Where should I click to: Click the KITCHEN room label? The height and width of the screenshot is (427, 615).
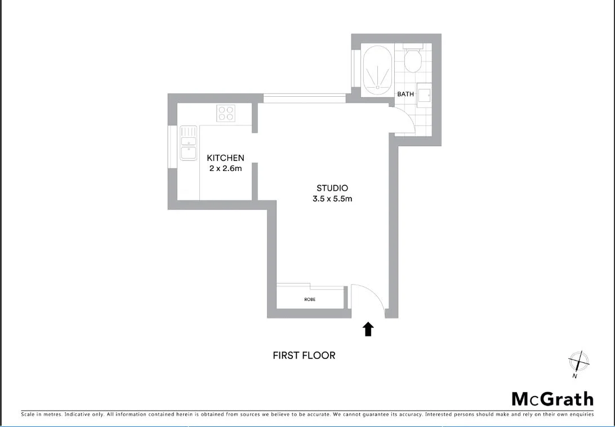(x=225, y=158)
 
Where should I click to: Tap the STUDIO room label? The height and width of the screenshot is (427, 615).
(x=332, y=188)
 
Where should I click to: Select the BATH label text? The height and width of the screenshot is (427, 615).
(x=405, y=94)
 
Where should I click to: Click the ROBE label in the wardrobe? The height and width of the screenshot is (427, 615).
(x=310, y=299)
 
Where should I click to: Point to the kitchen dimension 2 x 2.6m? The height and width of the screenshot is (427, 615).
(x=225, y=169)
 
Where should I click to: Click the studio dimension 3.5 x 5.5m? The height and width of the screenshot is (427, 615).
(x=332, y=199)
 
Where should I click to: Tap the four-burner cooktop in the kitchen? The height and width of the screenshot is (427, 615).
(x=226, y=114)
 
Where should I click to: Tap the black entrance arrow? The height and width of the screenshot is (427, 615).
(x=368, y=329)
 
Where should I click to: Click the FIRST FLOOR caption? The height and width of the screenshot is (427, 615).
(x=304, y=356)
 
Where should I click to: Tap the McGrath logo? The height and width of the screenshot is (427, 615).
(x=552, y=399)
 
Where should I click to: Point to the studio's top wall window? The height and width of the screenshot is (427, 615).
(x=304, y=98)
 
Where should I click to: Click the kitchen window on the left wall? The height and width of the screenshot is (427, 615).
(x=172, y=145)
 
